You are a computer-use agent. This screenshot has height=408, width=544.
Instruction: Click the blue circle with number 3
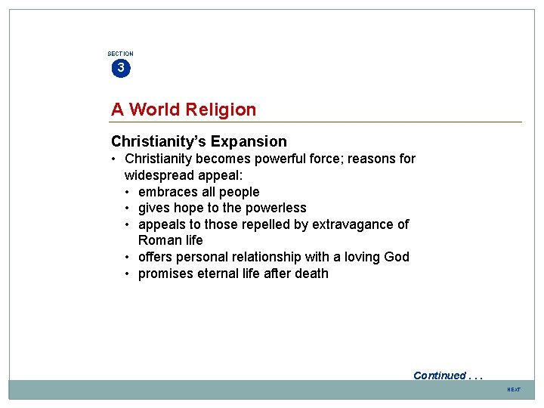[120, 69]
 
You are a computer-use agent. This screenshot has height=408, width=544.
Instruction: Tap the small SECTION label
[120, 54]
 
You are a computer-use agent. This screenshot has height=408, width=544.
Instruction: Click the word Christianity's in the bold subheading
[159, 141]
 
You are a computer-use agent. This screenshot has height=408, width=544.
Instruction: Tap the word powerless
[276, 208]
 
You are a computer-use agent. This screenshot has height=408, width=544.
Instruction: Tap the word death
[311, 274]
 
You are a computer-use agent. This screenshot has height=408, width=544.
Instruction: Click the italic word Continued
[440, 376]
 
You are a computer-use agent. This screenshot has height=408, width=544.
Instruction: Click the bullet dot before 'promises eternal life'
[129, 274]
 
